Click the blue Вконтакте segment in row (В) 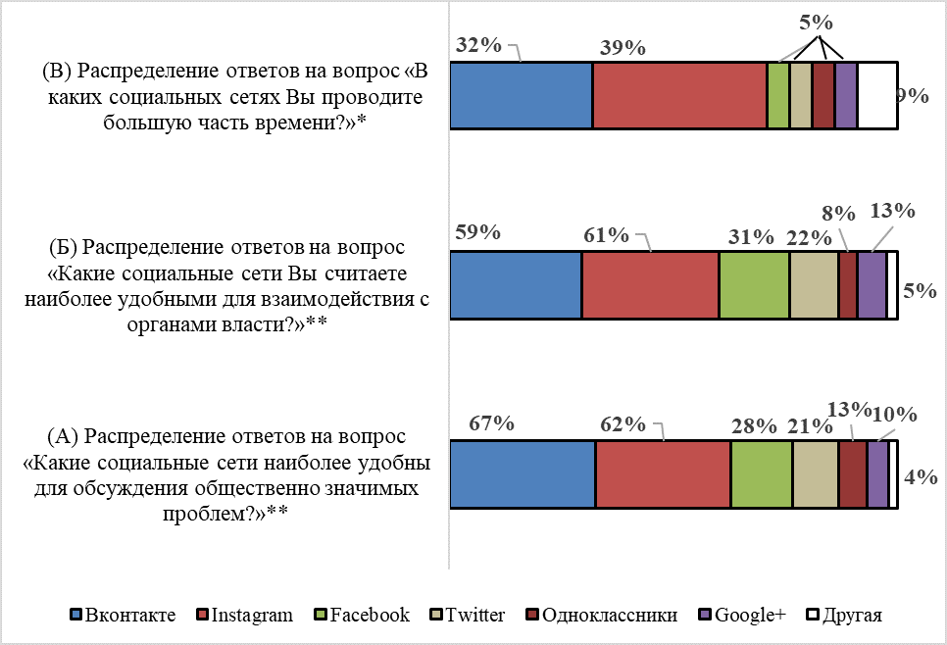coord(521,95)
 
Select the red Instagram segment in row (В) coord(679,95)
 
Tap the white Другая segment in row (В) coord(877,95)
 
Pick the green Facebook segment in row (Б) coord(754,284)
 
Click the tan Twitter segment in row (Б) coord(814,284)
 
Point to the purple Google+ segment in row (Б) coord(872,284)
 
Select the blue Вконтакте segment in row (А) coord(523,474)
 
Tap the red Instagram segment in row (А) coord(663,474)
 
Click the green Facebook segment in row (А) coord(762,474)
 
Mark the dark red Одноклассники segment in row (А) coord(853,474)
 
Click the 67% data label coord(491,423)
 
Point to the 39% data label coord(622,48)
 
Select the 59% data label coord(478,233)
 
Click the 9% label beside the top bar coord(913,96)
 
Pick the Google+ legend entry coord(742,616)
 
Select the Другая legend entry coord(844,616)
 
